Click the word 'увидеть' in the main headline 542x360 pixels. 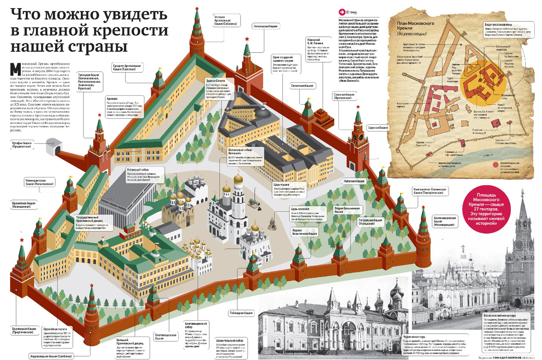click(116, 15)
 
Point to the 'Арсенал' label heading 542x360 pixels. click(112, 98)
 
